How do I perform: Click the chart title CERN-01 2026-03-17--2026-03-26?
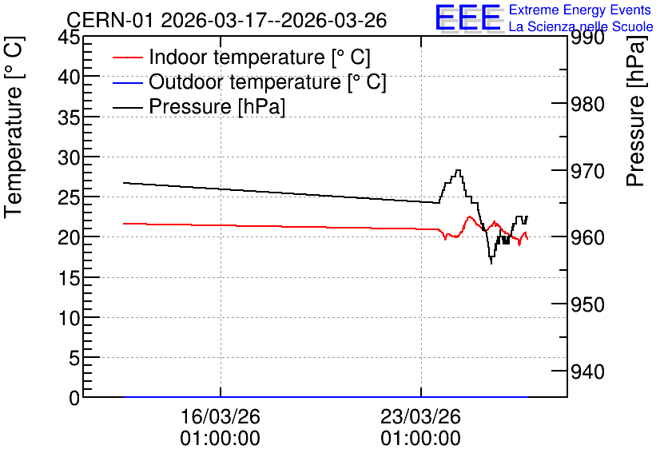coord(227,21)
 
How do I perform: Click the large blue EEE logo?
coord(467,18)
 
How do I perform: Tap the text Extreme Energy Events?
coord(580,10)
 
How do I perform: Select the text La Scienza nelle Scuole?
coord(581,26)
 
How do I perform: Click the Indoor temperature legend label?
coord(260,57)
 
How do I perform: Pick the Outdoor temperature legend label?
coord(268,81)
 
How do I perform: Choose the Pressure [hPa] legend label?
coord(217,106)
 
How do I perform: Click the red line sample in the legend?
coord(127,58)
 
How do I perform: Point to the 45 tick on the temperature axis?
coord(69,37)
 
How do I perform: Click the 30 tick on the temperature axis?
coord(69,157)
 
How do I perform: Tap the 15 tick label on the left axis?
coord(69,278)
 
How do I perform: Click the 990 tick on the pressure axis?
coord(587,38)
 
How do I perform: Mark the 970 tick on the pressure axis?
coord(587,171)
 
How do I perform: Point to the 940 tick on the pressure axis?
coord(587,372)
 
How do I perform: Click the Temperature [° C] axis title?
coord(14,127)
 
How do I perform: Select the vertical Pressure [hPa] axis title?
coord(635,111)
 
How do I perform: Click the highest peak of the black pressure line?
coord(458,170)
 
